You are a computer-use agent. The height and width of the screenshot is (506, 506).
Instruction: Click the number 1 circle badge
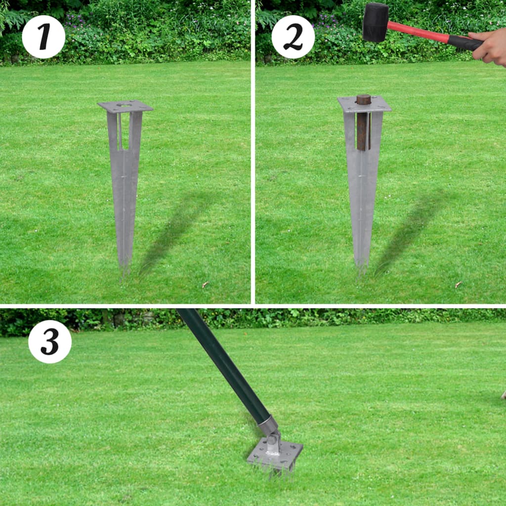coord(43,37)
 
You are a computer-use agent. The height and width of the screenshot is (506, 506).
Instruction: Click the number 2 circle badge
coord(293,37)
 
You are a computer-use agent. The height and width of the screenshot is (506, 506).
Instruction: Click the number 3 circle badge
coord(50,341)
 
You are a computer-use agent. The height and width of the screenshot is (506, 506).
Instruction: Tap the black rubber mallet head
coord(376,22)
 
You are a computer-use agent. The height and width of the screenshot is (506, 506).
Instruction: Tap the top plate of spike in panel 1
coord(125,106)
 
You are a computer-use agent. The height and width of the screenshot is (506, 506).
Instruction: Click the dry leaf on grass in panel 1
coord(205,285)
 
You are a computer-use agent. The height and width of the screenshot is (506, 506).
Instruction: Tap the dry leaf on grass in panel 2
coord(458,285)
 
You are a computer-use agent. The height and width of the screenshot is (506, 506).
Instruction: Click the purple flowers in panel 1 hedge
coord(74,20)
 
